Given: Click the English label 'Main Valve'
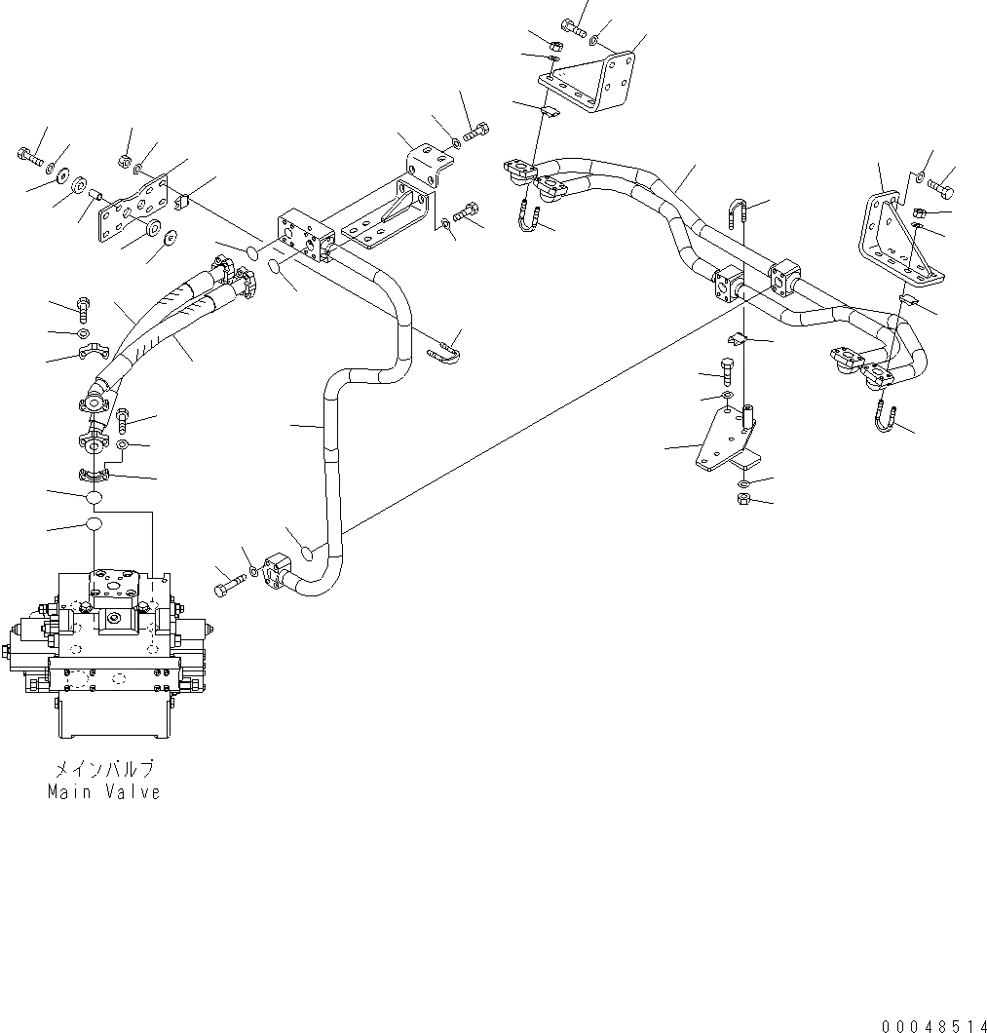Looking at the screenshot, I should coord(103,792).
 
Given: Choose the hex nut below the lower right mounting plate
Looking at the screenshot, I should coord(742,500).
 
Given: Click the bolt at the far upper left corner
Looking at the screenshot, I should coord(27,154).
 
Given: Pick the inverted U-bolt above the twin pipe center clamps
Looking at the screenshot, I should coord(738,213).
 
